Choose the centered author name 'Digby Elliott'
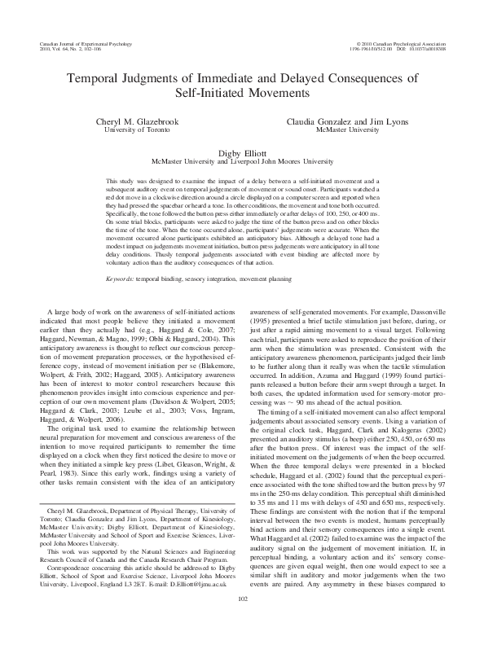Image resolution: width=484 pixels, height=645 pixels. click(242, 151)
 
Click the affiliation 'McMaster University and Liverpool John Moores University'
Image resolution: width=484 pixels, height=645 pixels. click(242, 161)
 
